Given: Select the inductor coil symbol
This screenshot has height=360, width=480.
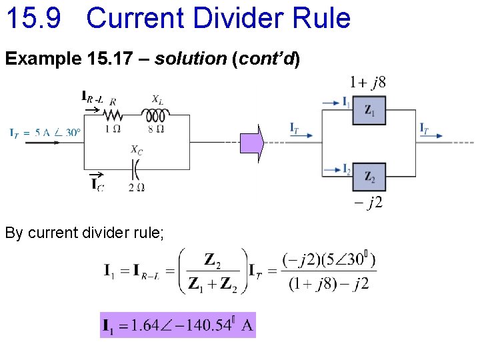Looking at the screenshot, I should tap(155, 115).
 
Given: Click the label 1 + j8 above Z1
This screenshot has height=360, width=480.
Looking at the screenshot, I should tap(367, 83).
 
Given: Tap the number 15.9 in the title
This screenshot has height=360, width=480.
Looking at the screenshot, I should tap(34, 18).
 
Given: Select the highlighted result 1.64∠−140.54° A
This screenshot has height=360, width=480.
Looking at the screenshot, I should tap(177, 325).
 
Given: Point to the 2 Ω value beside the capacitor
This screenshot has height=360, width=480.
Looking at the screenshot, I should tap(137, 187).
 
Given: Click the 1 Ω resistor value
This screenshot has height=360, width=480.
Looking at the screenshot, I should tap(113, 129).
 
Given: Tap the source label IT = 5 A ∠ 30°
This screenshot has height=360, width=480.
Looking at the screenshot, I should tap(45, 132).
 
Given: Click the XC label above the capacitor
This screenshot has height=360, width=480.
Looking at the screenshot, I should tap(136, 151).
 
